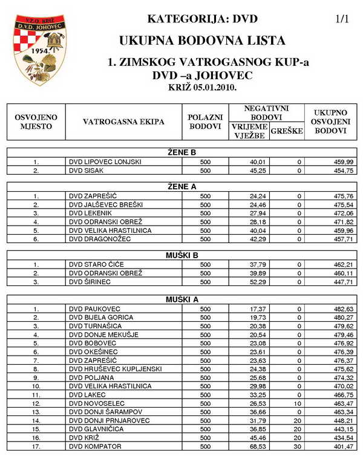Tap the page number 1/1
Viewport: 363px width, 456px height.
[x=342, y=19]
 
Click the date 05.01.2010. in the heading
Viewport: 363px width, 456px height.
[x=216, y=88]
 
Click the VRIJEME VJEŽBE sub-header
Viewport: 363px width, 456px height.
[x=248, y=131]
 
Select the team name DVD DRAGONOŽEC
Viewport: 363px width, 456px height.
[x=100, y=240]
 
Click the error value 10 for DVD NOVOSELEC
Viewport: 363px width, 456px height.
[x=297, y=403]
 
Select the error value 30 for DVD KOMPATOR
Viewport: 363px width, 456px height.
[x=297, y=446]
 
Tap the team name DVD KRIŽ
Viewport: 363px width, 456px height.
[x=85, y=437]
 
